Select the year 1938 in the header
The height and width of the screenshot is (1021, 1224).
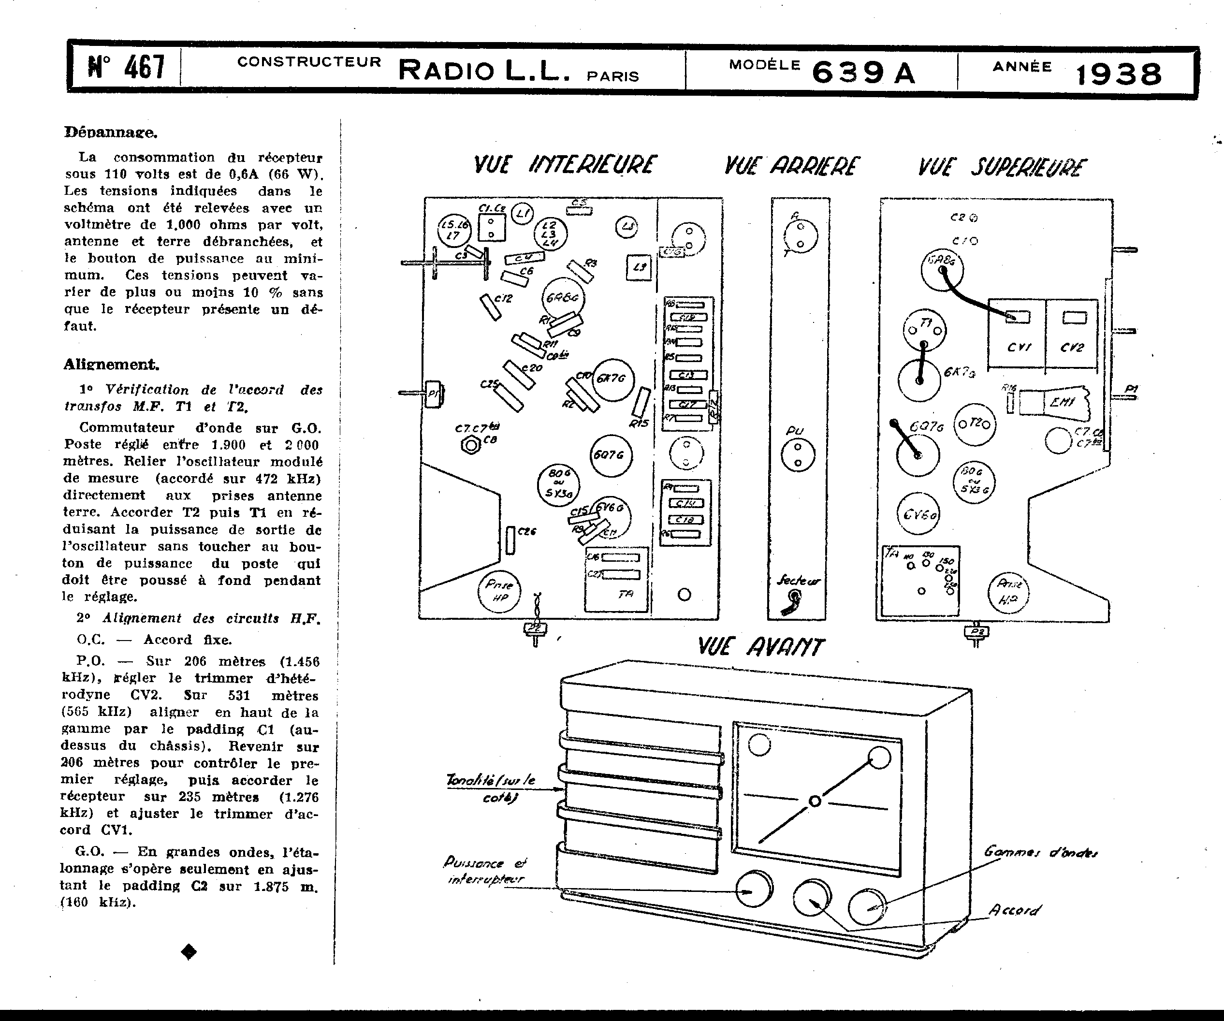point(1119,74)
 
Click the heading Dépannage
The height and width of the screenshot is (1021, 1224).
point(110,132)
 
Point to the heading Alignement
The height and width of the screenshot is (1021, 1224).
point(111,365)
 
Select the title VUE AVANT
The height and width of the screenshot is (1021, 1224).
point(760,647)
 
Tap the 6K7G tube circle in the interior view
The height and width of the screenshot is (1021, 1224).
point(610,379)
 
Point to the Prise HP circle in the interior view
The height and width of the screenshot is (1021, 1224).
point(499,592)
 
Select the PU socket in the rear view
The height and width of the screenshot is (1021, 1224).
point(797,455)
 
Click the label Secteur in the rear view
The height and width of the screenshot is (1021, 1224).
point(798,581)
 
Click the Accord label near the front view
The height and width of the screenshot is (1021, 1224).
point(1014,910)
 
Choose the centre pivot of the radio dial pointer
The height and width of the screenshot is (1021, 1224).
point(816,802)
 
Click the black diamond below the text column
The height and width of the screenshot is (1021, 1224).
point(189,952)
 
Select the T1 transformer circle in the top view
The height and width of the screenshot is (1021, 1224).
point(924,330)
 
